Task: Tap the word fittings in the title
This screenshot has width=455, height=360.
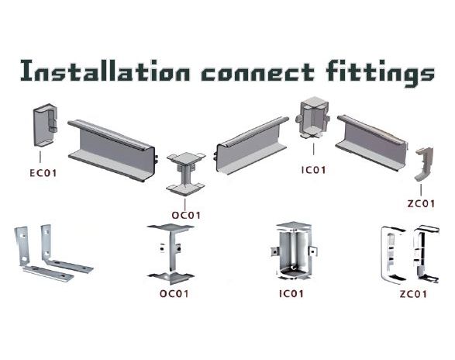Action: [380, 73]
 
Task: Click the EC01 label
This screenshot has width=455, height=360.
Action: [43, 173]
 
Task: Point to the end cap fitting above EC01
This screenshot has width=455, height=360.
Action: [45, 125]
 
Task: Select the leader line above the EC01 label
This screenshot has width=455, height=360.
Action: [40, 157]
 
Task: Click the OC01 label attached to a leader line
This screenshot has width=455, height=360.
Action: [186, 216]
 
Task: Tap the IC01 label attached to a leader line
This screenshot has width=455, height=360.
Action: [314, 170]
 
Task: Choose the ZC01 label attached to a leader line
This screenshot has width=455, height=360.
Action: [421, 204]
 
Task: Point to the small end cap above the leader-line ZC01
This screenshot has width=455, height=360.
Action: [423, 164]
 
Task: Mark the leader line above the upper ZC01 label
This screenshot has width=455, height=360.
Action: [421, 189]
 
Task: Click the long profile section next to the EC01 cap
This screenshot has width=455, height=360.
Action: [112, 151]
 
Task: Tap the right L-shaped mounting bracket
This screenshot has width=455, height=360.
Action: [66, 249]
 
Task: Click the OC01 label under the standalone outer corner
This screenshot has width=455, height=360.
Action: [174, 294]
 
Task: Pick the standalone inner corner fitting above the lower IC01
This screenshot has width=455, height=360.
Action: [293, 251]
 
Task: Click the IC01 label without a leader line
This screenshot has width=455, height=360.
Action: [291, 294]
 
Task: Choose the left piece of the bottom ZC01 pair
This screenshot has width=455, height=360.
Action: [393, 254]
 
